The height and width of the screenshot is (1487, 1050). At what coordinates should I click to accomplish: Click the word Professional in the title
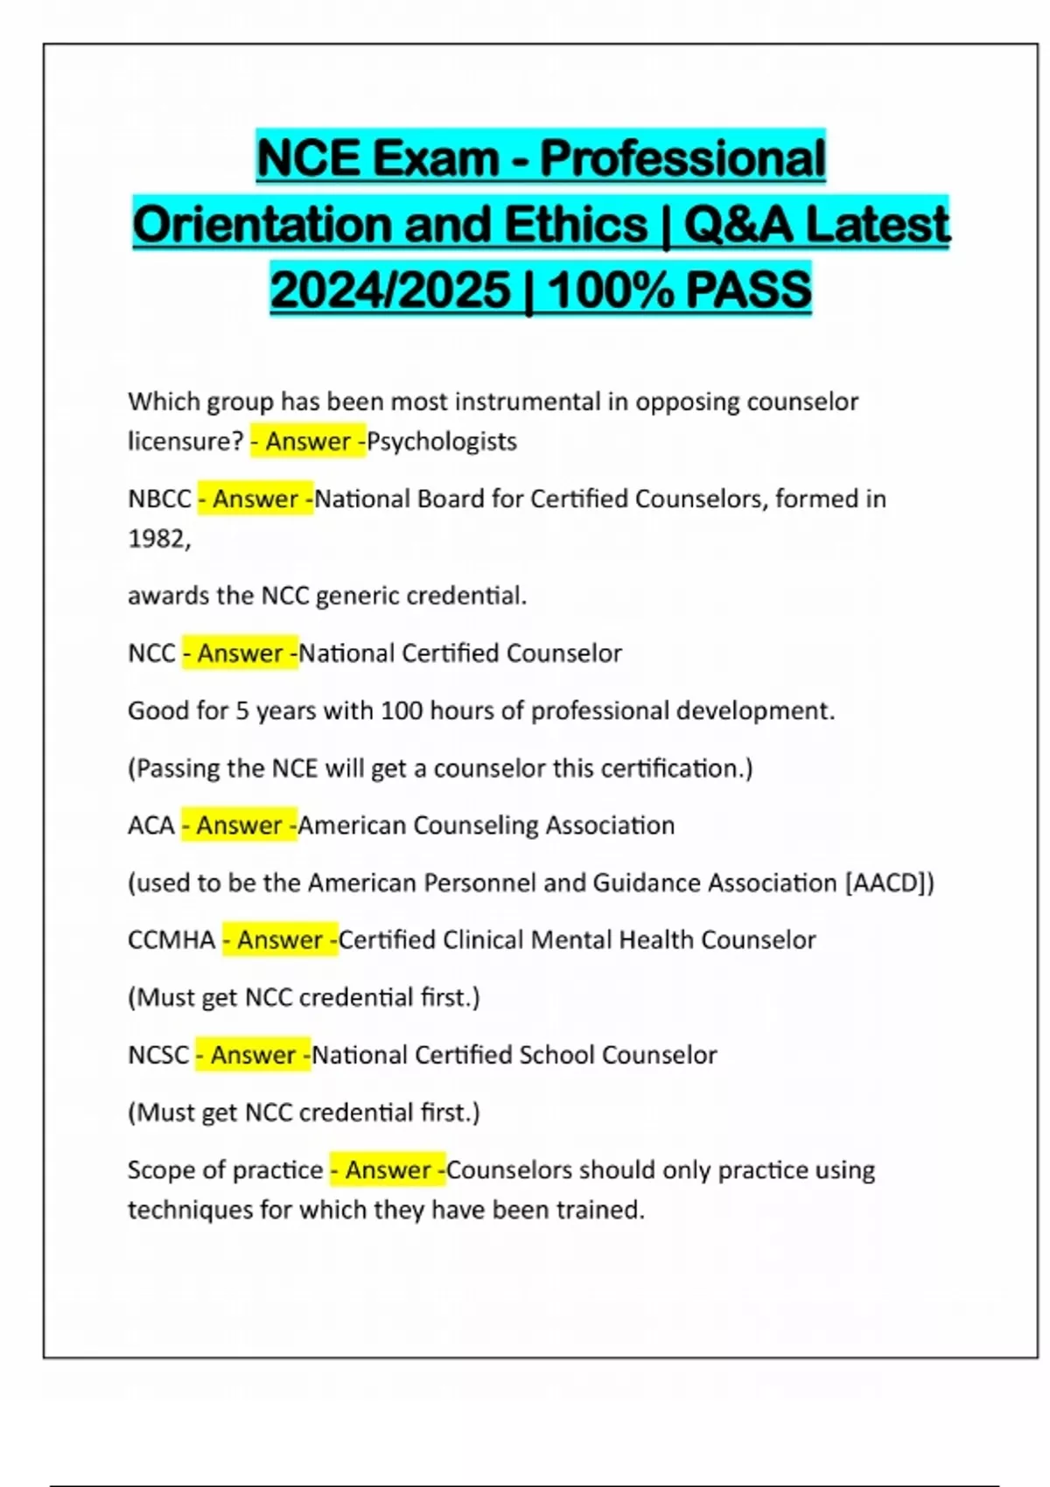pos(682,158)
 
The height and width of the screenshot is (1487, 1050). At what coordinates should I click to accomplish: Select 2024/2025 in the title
pos(390,290)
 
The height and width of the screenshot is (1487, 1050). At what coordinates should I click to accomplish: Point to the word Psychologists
pos(442,442)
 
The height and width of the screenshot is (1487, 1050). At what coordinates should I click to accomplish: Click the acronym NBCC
pos(159,499)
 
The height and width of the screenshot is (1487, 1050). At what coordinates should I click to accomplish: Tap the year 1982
pos(157,539)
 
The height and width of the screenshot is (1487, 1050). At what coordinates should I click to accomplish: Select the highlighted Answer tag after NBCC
pos(255,499)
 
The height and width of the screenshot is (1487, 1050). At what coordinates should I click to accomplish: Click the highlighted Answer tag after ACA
pos(239,826)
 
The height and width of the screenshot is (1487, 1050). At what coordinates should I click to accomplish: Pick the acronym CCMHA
pos(171,940)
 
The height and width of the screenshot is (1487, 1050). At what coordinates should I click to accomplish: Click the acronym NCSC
pos(158,1056)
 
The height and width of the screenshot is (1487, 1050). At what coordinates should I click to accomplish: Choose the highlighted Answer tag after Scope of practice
pos(388,1170)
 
